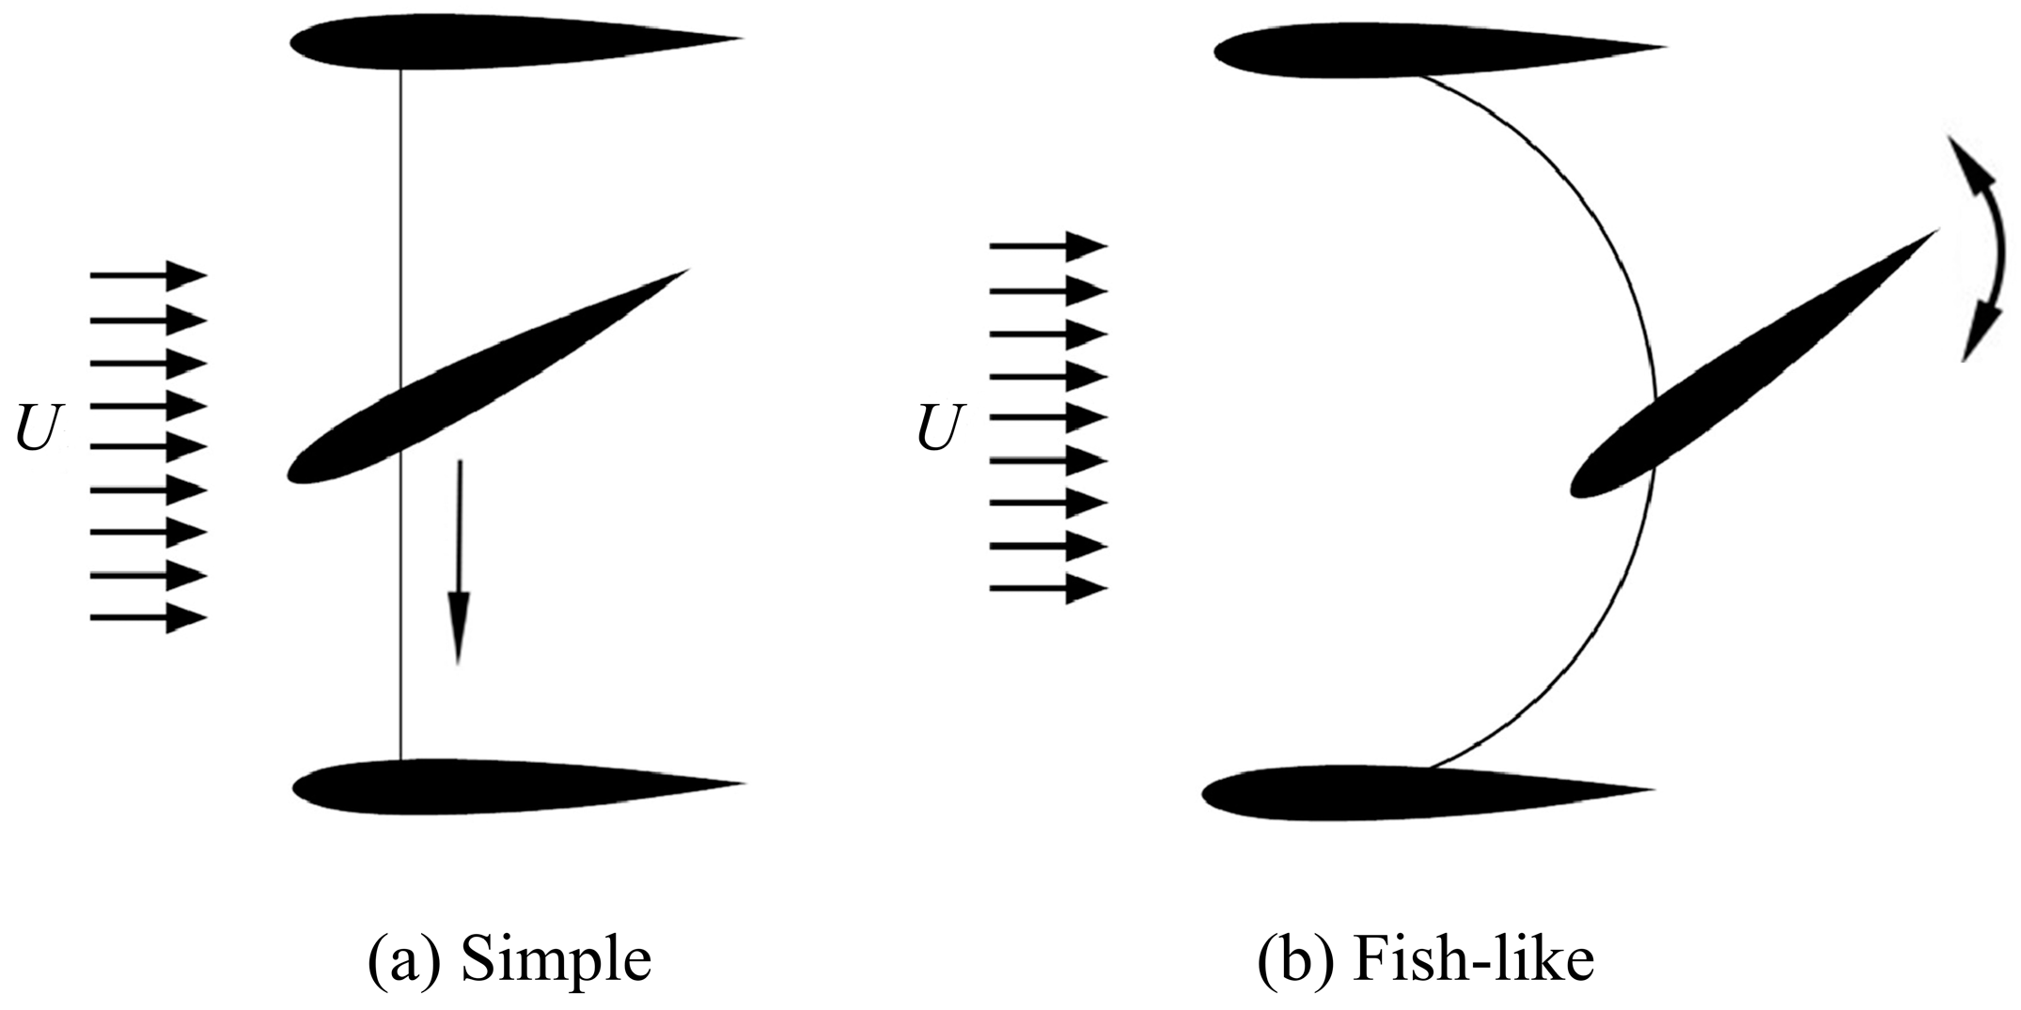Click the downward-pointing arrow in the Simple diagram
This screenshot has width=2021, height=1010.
coord(458,564)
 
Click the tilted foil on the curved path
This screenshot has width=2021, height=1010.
coord(1748,366)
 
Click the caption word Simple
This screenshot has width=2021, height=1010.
coord(556,960)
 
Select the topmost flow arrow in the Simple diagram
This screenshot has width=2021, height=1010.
coord(148,276)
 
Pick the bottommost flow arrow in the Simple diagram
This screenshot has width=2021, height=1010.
coord(148,618)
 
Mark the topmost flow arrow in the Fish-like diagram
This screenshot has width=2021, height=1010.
coord(1048,246)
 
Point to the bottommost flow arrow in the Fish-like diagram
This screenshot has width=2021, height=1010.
coord(1048,589)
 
